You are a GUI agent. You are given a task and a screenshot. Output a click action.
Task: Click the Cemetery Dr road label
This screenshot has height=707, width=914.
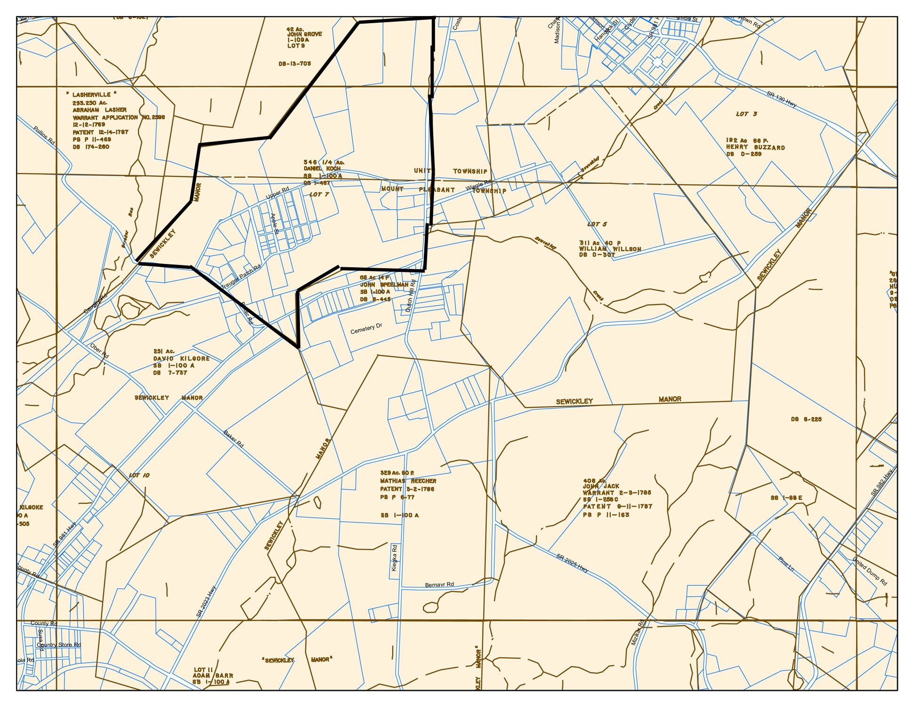366,328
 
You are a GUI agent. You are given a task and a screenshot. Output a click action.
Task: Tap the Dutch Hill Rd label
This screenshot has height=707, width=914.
411,296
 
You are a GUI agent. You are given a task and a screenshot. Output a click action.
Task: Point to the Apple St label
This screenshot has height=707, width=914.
274,224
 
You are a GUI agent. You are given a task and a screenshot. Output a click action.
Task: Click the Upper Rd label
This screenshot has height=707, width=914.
277,193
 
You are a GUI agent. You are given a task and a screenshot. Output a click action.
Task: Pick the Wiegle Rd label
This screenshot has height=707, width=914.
478,185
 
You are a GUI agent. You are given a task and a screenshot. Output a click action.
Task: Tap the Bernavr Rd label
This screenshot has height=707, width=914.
439,585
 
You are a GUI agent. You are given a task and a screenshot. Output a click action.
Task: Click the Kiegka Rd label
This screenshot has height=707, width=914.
395,558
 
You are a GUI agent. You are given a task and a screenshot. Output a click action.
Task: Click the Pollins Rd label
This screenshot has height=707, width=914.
44,135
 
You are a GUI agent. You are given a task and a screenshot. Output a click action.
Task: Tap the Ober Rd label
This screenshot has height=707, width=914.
99,351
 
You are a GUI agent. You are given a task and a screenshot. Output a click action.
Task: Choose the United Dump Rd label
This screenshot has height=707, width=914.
870,572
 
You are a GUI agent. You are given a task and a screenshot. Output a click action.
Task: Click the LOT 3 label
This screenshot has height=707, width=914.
746,114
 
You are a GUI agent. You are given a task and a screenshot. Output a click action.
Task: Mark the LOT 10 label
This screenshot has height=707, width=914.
139,475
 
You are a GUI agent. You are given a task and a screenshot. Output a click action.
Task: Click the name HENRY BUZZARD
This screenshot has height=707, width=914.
755,148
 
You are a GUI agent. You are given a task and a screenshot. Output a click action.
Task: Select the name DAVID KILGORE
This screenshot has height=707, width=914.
181,359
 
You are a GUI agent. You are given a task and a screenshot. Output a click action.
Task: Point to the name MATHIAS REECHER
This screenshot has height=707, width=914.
408,481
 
